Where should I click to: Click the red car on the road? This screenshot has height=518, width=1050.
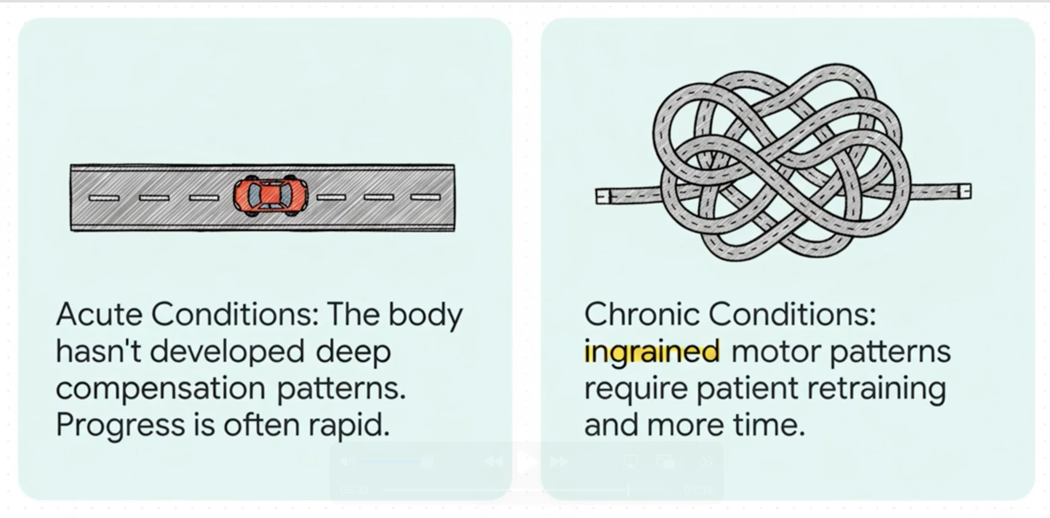pos(271,196)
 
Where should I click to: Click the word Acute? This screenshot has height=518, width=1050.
pos(99,315)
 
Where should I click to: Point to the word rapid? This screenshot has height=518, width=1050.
pos(349,426)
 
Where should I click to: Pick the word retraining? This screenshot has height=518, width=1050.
pos(877,389)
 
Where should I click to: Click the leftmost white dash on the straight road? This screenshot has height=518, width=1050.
pos(104,198)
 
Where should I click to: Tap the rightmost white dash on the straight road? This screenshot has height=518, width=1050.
pos(425,197)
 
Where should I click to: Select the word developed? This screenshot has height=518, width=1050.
pos(228,352)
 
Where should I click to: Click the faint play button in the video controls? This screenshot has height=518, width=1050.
pos(526,462)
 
